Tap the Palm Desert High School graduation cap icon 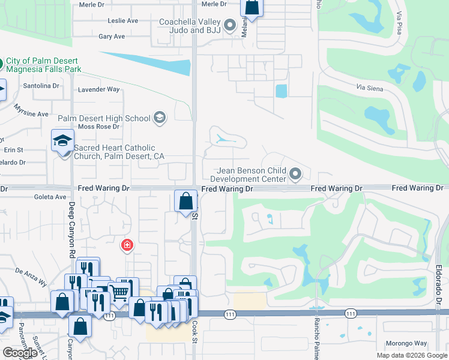159,118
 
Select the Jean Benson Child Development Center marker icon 295,175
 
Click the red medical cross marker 127,245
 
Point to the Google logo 20,353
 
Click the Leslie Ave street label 122,20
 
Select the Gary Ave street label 112,37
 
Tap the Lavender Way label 99,90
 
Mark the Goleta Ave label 52,197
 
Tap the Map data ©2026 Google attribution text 411,355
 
